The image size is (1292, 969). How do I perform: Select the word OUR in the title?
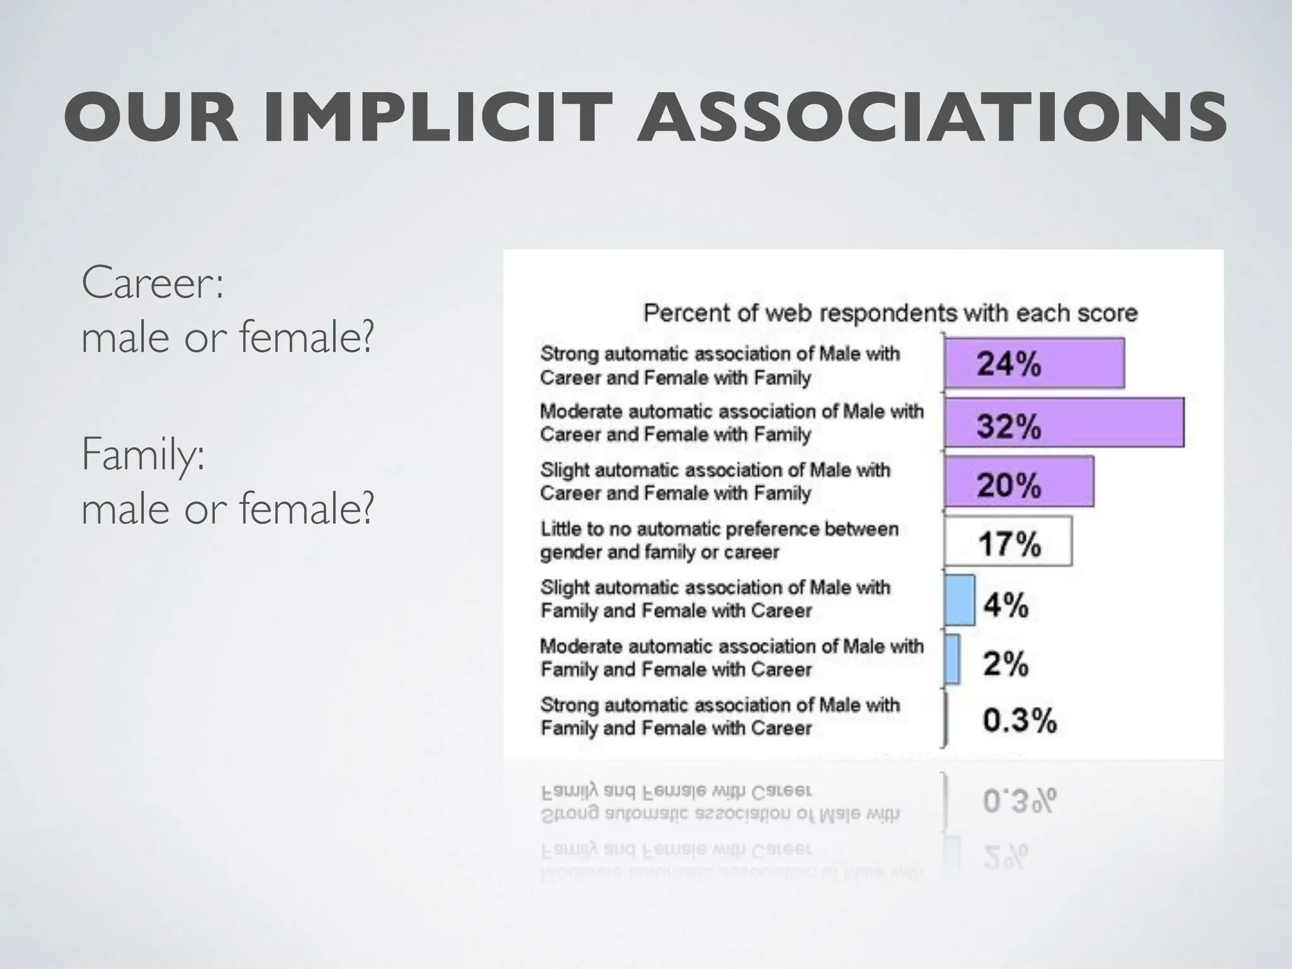click(151, 117)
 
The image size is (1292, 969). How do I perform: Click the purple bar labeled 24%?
click(1034, 363)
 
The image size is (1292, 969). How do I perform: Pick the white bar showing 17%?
click(1008, 542)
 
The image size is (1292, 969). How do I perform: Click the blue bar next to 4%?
click(960, 600)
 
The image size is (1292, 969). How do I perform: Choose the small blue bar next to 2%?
click(953, 659)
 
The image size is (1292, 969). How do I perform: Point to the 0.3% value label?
click(1019, 720)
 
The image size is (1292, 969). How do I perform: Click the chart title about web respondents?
click(890, 313)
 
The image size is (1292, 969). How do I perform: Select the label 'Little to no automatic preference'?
click(719, 540)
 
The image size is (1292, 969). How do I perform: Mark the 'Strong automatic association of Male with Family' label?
click(720, 716)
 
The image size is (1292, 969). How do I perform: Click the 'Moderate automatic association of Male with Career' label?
click(731, 423)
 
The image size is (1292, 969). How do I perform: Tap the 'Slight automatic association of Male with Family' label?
click(715, 599)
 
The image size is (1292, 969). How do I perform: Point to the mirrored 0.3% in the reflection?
click(1019, 801)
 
